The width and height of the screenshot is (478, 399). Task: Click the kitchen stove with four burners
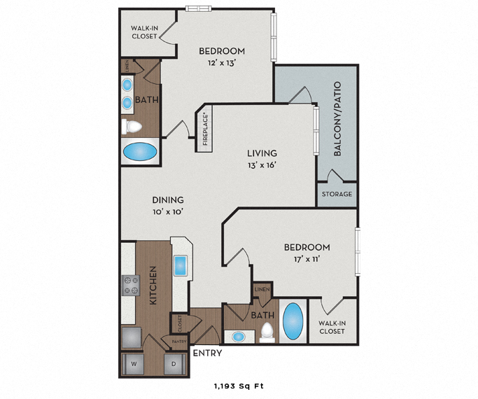pyautogui.click(x=130, y=285)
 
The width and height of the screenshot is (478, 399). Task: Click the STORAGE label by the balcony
pyautogui.click(x=337, y=194)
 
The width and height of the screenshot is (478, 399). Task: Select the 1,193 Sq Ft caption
pyautogui.click(x=239, y=386)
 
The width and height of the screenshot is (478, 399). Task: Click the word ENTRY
pyautogui.click(x=207, y=353)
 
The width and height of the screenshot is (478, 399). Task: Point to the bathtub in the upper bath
pyautogui.click(x=140, y=152)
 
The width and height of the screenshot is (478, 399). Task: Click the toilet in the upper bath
pyautogui.click(x=132, y=127)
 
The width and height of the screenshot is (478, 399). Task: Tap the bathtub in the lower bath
pyautogui.click(x=293, y=321)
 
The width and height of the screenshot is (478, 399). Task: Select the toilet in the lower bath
pyautogui.click(x=266, y=332)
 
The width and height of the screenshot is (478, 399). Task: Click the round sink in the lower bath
pyautogui.click(x=239, y=337)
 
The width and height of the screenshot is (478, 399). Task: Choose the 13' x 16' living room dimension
pyautogui.click(x=262, y=165)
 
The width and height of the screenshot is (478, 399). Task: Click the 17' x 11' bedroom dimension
pyautogui.click(x=307, y=259)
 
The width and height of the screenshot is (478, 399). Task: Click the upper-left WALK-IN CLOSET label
pyautogui.click(x=144, y=32)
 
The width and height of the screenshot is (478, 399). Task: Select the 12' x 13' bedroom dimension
pyautogui.click(x=222, y=63)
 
